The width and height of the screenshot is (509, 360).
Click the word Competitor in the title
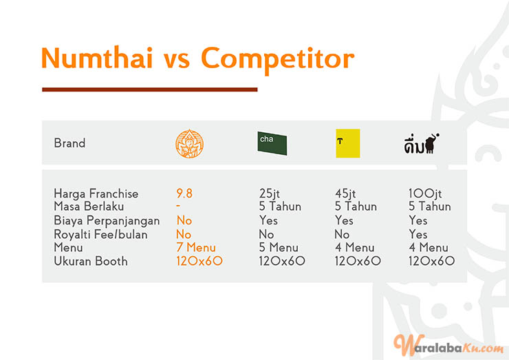tap(278, 59)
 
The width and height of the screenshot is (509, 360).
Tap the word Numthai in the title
tap(97, 58)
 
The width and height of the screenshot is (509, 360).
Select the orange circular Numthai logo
tap(190, 144)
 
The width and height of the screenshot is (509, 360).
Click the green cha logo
tap(272, 143)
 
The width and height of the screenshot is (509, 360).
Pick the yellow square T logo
tap(347, 143)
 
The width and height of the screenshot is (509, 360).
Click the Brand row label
tap(69, 143)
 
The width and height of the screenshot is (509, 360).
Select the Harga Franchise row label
tap(96, 193)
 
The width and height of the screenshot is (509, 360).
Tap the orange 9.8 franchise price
tap(184, 193)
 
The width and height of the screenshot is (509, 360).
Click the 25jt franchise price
tap(270, 193)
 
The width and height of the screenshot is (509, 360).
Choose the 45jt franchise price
tap(345, 193)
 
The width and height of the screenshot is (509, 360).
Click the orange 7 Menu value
tap(196, 248)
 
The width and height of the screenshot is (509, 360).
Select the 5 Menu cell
tap(279, 248)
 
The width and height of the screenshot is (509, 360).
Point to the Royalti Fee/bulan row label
tap(100, 234)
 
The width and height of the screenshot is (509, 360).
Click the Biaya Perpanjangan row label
tap(107, 221)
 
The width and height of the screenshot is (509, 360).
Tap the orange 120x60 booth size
tap(199, 261)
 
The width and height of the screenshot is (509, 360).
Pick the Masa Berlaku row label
tap(89, 207)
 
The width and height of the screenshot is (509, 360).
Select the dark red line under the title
tap(150, 89)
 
